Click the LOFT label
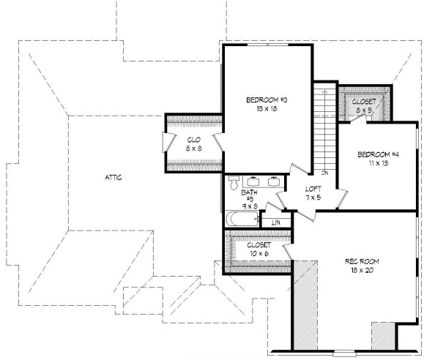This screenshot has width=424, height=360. tap(313, 189)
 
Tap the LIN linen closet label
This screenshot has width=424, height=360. tap(276, 222)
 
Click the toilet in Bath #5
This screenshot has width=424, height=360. tap(234, 183)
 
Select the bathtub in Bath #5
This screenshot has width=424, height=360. tap(241, 217)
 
